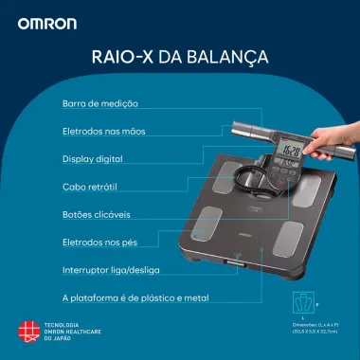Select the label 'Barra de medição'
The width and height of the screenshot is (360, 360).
pyautogui.click(x=99, y=102)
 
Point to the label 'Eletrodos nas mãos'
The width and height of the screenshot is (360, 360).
pyautogui.click(x=104, y=131)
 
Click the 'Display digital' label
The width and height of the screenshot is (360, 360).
pyautogui.click(x=92, y=159)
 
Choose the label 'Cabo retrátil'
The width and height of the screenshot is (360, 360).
pyautogui.click(x=89, y=188)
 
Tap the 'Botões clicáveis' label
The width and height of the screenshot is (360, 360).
pyautogui.click(x=96, y=215)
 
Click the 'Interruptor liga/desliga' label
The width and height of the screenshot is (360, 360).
pyautogui.click(x=110, y=270)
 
